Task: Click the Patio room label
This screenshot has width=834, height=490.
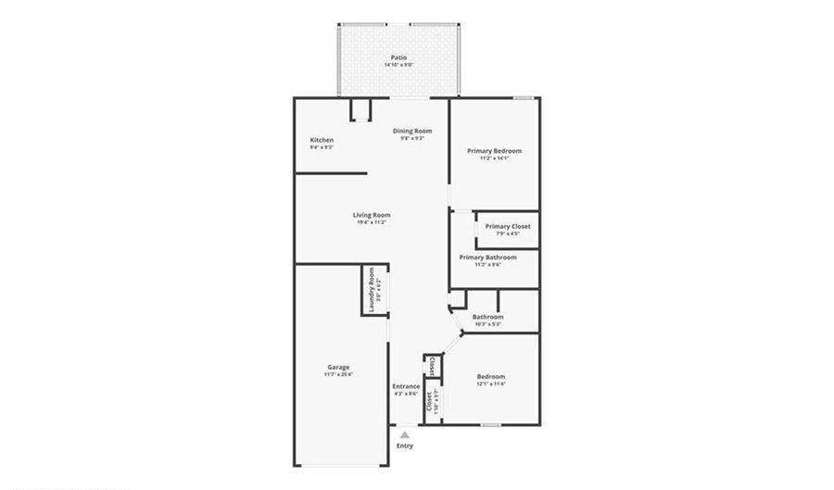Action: (x=398, y=57)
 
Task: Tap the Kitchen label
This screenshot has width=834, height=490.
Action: (x=322, y=140)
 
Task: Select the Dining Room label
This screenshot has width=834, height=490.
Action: (x=412, y=132)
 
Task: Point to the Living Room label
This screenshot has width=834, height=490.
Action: (x=371, y=215)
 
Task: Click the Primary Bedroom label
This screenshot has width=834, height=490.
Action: (x=494, y=151)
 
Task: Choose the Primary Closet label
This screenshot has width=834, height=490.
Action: (x=507, y=226)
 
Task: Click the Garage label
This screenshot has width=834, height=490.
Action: (x=337, y=367)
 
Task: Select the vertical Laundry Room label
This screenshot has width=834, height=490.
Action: (x=371, y=290)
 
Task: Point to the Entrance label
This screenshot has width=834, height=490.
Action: (x=406, y=386)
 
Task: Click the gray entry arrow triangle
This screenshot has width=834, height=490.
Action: (x=404, y=433)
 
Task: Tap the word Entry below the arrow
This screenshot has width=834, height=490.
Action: (x=405, y=446)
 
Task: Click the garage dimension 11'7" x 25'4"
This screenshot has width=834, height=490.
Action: (x=338, y=374)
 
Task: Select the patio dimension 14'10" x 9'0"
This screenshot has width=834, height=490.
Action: (x=398, y=65)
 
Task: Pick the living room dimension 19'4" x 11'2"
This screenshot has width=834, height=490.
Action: (x=371, y=222)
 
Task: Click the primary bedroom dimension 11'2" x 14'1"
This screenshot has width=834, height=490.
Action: (x=494, y=158)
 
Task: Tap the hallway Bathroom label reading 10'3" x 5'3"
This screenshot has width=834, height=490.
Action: (x=487, y=317)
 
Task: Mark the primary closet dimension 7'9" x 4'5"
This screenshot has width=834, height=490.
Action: (x=507, y=233)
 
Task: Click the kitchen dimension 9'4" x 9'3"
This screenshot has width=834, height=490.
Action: (x=322, y=147)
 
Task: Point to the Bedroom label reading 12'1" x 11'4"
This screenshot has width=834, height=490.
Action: (x=491, y=376)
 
